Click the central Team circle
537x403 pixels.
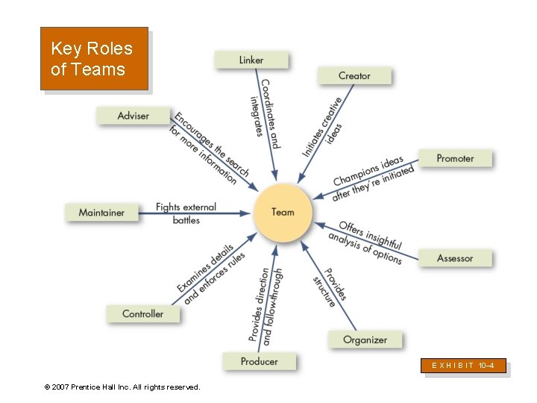pyautogui.click(x=283, y=213)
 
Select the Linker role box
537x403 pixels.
pyautogui.click(x=251, y=60)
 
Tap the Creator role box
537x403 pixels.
pyautogui.click(x=354, y=75)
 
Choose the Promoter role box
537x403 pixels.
pyautogui.click(x=455, y=158)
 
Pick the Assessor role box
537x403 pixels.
pyautogui.click(x=455, y=258)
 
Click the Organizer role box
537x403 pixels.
pyautogui.click(x=365, y=340)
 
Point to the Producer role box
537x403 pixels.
pyautogui.click(x=259, y=361)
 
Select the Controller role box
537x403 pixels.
pyautogui.click(x=142, y=313)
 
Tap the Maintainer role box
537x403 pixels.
pyautogui.click(x=102, y=213)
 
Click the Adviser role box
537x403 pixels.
pyautogui.click(x=134, y=116)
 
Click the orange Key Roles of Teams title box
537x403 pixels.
pyautogui.click(x=94, y=59)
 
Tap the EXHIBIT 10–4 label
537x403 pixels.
pyautogui.click(x=464, y=366)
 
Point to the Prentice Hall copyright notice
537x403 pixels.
pyautogui.click(x=122, y=387)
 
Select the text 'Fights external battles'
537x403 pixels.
pyautogui.click(x=186, y=213)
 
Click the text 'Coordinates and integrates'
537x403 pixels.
pyautogui.click(x=265, y=112)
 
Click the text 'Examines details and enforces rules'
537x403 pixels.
pyautogui.click(x=211, y=273)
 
